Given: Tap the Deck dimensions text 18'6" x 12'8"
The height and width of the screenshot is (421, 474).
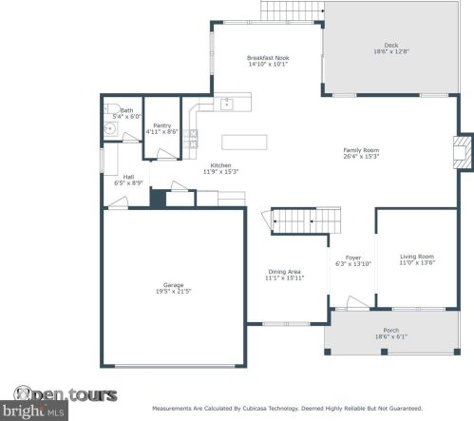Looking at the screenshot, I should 390,52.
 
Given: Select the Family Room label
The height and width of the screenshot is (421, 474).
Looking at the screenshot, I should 361,150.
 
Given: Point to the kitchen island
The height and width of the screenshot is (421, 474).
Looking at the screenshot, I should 242,142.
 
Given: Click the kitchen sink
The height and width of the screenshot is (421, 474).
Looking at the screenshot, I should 228,102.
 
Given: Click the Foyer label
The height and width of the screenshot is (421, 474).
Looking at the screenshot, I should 352,258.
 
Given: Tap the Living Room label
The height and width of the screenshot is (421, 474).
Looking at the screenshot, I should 416,257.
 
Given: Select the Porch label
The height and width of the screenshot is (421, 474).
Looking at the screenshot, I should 390,332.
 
